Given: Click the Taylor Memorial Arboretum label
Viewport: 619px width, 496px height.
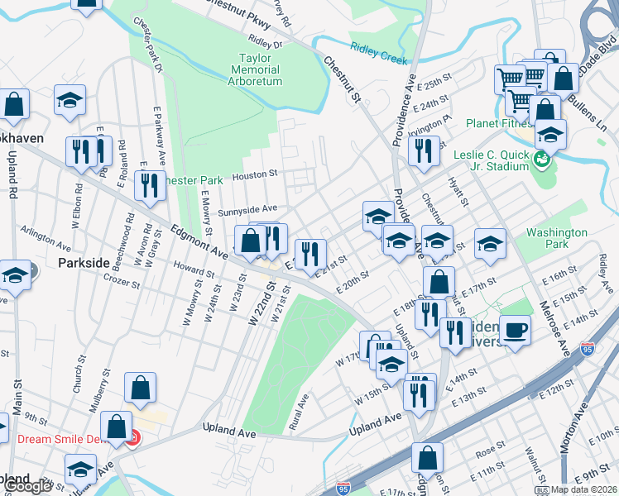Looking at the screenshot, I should click(x=261, y=70).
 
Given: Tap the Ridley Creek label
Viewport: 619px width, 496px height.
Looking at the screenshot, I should click(x=375, y=52).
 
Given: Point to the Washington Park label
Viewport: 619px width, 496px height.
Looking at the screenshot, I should click(x=556, y=239).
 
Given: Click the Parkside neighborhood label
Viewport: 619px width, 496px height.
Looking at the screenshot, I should click(x=84, y=262).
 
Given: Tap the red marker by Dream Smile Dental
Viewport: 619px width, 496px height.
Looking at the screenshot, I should click(x=133, y=437).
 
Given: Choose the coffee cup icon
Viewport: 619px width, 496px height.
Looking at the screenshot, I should click(x=515, y=331).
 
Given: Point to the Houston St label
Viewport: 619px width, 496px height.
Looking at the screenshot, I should click(x=253, y=175).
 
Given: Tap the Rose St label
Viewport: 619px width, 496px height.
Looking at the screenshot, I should click(x=490, y=449).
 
